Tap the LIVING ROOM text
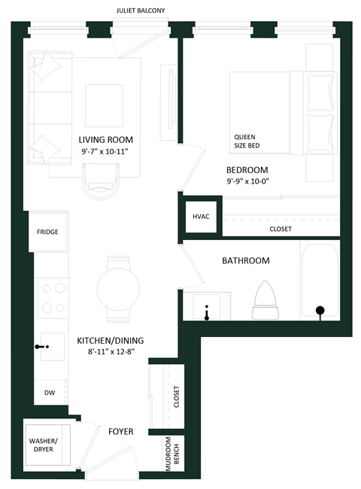(106, 139)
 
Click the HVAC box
(201, 217)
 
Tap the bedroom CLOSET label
(280, 229)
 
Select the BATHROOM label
(245, 261)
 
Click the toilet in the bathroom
(268, 295)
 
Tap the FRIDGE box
(47, 232)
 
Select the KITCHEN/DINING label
(111, 340)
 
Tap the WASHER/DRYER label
(43, 446)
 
